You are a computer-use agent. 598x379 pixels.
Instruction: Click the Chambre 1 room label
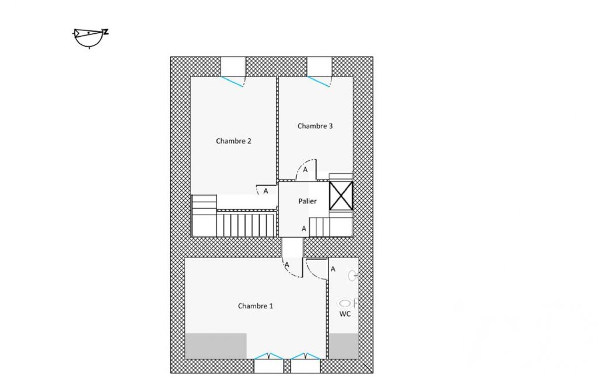coord(255,306)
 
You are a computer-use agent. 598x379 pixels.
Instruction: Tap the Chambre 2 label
coord(233,141)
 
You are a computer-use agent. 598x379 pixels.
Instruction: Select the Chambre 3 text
coord(315,126)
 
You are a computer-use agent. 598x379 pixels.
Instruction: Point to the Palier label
coord(307,201)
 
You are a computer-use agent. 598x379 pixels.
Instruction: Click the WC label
coord(345,314)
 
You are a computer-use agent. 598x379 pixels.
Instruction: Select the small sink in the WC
coord(353,275)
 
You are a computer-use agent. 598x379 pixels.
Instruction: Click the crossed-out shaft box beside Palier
coord(341,195)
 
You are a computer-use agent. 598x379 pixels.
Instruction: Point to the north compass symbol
coord(90,37)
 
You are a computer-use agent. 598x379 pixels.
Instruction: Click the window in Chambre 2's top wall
coord(233,72)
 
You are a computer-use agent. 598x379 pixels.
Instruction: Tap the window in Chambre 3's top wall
coord(319,72)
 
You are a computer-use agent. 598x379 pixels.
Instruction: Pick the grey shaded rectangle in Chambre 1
coord(216,346)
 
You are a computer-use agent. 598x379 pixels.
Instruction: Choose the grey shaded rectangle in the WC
coord(344,346)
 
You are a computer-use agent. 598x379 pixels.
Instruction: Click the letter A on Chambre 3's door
coord(305,170)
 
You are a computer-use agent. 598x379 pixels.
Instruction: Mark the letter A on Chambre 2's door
coord(265,191)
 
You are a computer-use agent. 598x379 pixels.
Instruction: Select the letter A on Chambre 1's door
coord(287,265)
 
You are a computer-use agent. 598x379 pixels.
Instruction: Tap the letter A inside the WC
coord(333,269)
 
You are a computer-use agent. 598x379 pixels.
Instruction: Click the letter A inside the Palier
coord(303,229)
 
